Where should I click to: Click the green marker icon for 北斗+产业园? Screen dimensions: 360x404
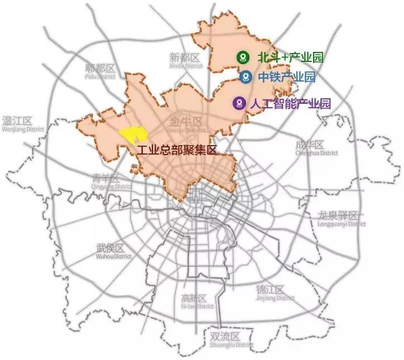(242, 57)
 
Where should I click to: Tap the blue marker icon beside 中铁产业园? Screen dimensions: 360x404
(244, 77)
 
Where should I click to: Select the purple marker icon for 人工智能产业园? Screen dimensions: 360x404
(239, 103)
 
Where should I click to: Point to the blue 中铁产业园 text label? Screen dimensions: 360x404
(287, 77)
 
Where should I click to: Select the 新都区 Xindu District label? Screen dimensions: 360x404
(185, 60)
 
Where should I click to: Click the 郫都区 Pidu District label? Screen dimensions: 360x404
(100, 71)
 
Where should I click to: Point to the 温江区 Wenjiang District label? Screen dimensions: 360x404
(18, 123)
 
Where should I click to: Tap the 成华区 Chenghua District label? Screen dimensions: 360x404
(316, 148)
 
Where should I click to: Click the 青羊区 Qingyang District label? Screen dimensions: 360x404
(106, 181)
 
